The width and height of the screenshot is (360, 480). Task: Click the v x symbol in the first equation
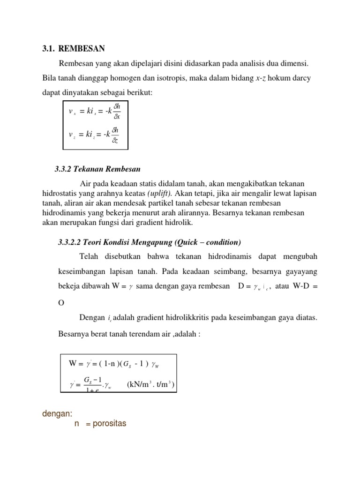click(x=72, y=112)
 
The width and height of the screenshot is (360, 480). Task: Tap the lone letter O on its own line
click(x=60, y=302)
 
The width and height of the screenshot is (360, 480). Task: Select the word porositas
click(x=109, y=424)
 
